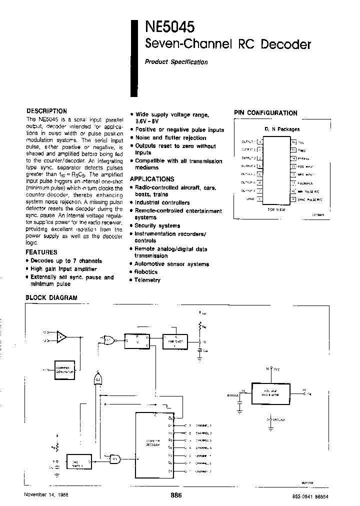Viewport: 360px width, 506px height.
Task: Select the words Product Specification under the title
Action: (x=176, y=62)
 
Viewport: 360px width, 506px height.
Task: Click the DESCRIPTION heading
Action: (x=46, y=111)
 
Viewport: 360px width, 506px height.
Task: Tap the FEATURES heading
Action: (x=41, y=252)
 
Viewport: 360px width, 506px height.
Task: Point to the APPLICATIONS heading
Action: (x=152, y=178)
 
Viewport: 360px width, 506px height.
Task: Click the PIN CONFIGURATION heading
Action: (x=265, y=113)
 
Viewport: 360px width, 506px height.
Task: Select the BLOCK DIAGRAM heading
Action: (x=51, y=297)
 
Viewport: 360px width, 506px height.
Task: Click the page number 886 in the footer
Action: (x=176, y=495)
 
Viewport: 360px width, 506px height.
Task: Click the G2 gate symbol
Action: (x=98, y=380)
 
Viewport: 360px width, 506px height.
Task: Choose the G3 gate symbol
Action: (x=114, y=458)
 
